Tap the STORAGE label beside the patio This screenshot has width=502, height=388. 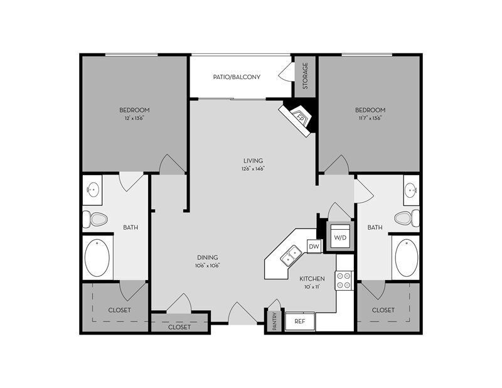[305, 75]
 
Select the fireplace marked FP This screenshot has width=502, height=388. [299, 117]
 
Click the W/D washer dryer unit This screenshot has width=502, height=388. [340, 237]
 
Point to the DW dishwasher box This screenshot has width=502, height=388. [314, 247]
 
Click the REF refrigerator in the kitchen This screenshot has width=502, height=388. [299, 321]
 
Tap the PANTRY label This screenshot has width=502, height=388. [274, 321]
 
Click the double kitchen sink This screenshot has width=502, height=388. [291, 255]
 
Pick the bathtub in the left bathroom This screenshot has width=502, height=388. [97, 257]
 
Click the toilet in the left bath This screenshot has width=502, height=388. [96, 219]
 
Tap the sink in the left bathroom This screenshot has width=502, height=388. [93, 188]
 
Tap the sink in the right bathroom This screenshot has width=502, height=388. [411, 188]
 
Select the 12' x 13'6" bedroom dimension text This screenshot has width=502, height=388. [134, 117]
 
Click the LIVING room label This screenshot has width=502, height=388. [254, 161]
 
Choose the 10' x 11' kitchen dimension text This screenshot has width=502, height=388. [311, 286]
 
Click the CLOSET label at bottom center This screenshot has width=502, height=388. [179, 326]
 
